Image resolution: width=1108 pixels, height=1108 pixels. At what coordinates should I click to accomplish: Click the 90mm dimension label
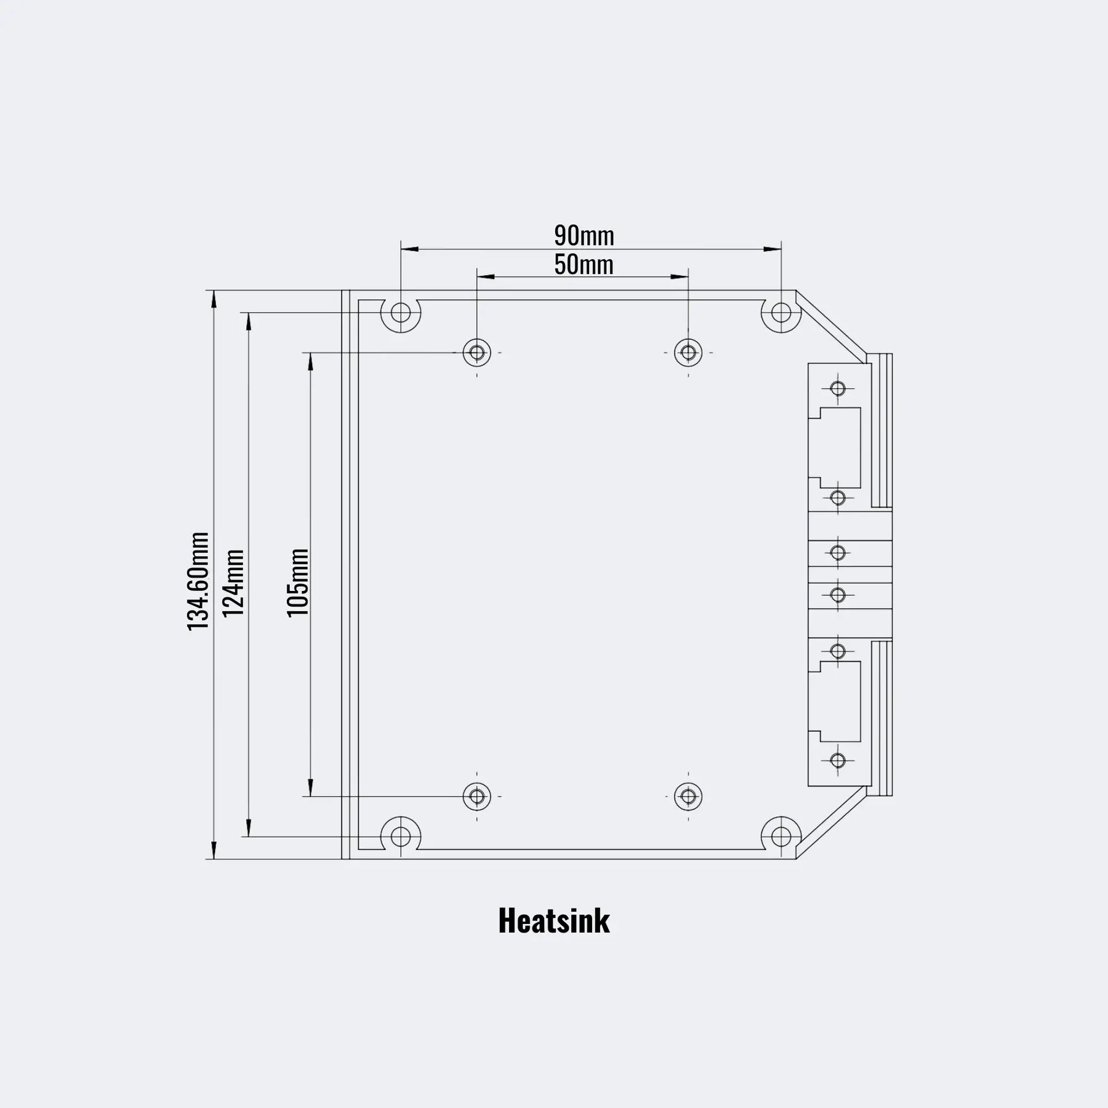(584, 235)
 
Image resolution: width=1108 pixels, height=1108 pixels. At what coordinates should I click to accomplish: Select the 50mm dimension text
(584, 265)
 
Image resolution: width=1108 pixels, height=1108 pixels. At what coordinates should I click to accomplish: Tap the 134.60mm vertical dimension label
(198, 581)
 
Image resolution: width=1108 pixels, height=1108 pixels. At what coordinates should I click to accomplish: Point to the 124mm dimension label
(234, 583)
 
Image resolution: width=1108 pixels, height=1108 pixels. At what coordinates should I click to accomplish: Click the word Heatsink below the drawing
(554, 921)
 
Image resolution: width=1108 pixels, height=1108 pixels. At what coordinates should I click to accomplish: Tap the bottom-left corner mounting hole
(401, 837)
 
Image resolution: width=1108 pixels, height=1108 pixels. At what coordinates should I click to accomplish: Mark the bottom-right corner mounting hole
(781, 837)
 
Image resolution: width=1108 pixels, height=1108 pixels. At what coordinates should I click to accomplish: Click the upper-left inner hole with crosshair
(477, 353)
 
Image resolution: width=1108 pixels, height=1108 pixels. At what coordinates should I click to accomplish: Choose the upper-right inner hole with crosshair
(688, 353)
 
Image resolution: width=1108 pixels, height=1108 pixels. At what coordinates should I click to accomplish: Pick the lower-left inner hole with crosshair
(477, 797)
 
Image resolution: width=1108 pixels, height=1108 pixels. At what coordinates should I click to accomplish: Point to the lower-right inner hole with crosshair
(688, 797)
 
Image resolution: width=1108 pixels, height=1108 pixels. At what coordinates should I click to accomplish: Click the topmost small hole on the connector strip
(838, 388)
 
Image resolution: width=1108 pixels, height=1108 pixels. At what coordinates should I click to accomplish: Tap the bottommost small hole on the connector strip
(838, 761)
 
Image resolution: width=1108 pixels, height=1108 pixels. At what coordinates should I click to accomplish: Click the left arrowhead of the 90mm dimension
(409, 249)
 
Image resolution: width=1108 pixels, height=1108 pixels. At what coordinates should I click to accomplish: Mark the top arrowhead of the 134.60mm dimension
(214, 299)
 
